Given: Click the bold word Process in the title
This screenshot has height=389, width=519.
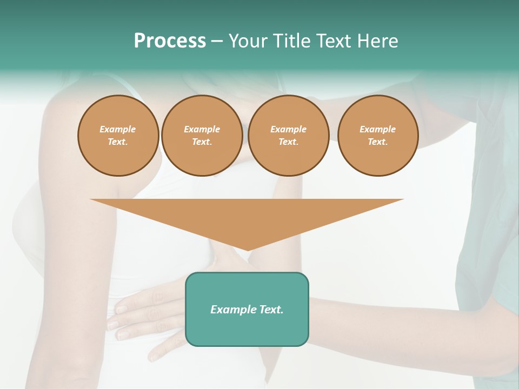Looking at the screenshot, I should point(170,41).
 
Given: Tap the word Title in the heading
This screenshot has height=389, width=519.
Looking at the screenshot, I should point(291,41).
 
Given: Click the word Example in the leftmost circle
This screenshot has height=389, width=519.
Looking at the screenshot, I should point(118,129).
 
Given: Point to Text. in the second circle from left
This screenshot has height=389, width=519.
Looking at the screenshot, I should point(202,142).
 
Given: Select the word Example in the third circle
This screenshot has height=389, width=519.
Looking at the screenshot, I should point(288,129).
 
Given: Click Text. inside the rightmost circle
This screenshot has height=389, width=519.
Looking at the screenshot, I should point(378,142).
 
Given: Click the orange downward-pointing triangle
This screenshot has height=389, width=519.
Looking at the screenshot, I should point(247,216).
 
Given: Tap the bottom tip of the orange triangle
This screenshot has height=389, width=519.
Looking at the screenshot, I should point(247,249).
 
